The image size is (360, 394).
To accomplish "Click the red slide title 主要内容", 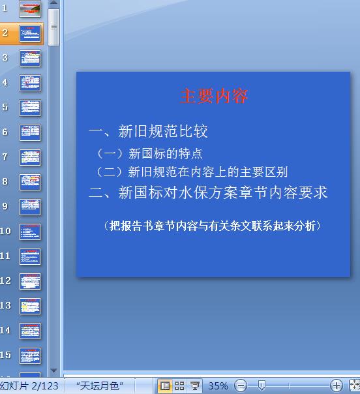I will tap(215, 97).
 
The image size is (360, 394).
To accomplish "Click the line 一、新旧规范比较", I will tap(148, 131).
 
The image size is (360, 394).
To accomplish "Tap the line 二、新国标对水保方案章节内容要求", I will tap(208, 192).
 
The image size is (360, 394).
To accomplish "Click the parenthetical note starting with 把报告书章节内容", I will tap(212, 226).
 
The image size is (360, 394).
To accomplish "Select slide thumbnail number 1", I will tap(30, 8).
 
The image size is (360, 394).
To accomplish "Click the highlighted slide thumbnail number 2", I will tap(30, 33).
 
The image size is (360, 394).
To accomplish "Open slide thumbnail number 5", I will tap(30, 107).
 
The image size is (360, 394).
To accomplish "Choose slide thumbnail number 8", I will tap(30, 181).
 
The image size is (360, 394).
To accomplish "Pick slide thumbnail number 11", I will tap(30, 256).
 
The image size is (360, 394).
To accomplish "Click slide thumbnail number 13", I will tap(30, 305).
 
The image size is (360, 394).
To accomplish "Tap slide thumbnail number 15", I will tap(30, 355).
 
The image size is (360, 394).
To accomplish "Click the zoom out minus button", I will tap(241, 386).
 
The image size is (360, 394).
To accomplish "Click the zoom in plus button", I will tap(337, 386).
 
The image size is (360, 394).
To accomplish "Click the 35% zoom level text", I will tap(218, 386).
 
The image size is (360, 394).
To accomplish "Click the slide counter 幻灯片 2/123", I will tap(29, 386).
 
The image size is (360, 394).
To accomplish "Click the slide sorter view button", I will tap(179, 386).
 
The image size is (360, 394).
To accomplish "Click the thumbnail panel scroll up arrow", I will tap(53, 5).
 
